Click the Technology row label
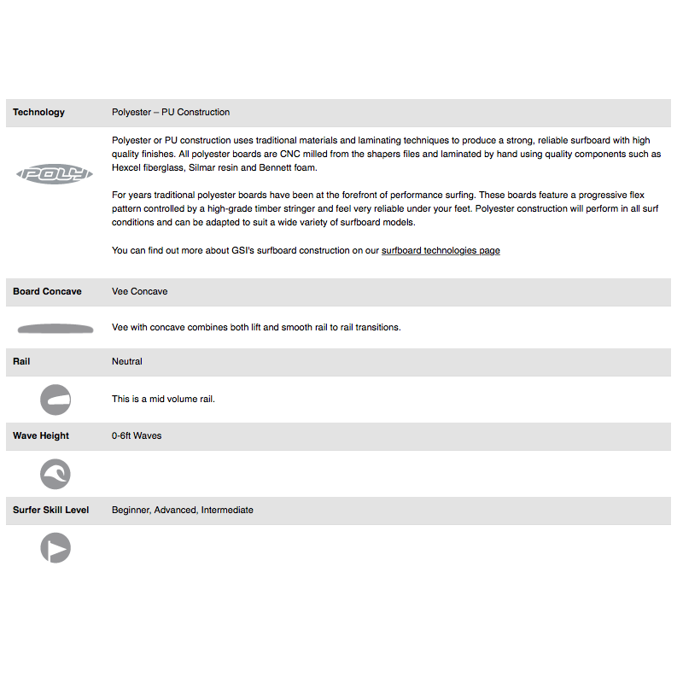[x=38, y=112]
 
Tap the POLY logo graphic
[x=55, y=174]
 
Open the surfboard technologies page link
[x=441, y=251]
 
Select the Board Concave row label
[x=47, y=291]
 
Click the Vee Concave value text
[x=139, y=291]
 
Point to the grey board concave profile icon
[x=55, y=328]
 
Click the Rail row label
[x=21, y=361]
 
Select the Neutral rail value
[x=126, y=361]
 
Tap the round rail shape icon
[x=55, y=400]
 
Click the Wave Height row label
[x=41, y=435]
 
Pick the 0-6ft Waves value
[x=137, y=435]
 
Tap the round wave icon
[x=55, y=474]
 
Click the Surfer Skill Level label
[x=50, y=510]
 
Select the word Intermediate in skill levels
[x=227, y=510]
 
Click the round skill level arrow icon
[x=55, y=548]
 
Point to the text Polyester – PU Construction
[x=171, y=112]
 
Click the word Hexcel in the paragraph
[x=126, y=167]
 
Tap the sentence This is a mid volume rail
[x=163, y=399]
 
